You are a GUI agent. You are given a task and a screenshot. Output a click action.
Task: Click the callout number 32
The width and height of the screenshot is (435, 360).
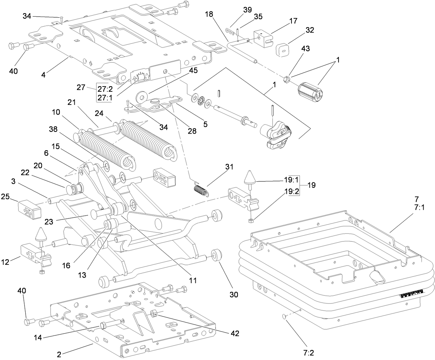pyautogui.click(x=309, y=30)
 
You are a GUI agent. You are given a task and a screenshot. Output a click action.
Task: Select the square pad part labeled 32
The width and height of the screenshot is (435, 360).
pyautogui.click(x=283, y=50)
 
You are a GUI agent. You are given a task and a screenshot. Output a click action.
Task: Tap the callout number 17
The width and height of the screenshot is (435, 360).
pyautogui.click(x=293, y=21)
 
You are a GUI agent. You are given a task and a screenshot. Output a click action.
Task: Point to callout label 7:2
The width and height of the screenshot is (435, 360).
pyautogui.click(x=308, y=353)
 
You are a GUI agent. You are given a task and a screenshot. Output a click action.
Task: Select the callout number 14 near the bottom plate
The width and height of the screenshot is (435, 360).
pyautogui.click(x=38, y=337)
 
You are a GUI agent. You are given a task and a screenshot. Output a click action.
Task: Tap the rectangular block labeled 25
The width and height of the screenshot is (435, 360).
pyautogui.click(x=29, y=210)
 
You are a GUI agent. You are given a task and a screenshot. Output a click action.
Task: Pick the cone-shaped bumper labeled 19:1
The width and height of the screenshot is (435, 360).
pyautogui.click(x=250, y=177)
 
